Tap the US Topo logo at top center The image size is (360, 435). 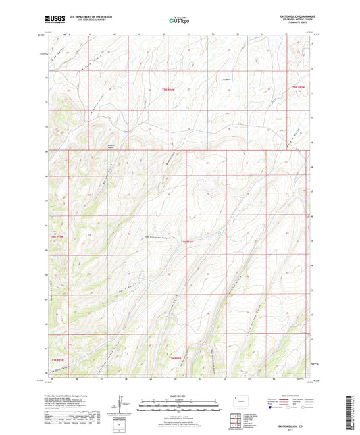(x=173, y=21)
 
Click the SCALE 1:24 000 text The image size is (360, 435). (x=179, y=395)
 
